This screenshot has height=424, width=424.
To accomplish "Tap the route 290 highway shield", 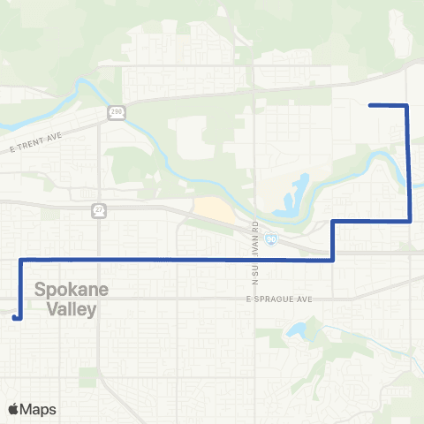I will click(117, 111).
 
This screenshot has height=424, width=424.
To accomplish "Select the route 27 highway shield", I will click(99, 210).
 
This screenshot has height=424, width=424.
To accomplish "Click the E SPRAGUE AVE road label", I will click(280, 300).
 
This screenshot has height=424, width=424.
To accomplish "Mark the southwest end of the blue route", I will click(16, 317).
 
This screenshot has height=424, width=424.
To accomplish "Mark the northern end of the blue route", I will click(369, 105).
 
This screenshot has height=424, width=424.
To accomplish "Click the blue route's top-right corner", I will click(406, 106).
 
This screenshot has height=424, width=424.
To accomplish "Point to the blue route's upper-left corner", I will click(20, 260).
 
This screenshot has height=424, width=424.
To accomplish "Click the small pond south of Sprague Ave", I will click(294, 331).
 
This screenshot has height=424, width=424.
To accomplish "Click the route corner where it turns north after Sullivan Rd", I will click(333, 260).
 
